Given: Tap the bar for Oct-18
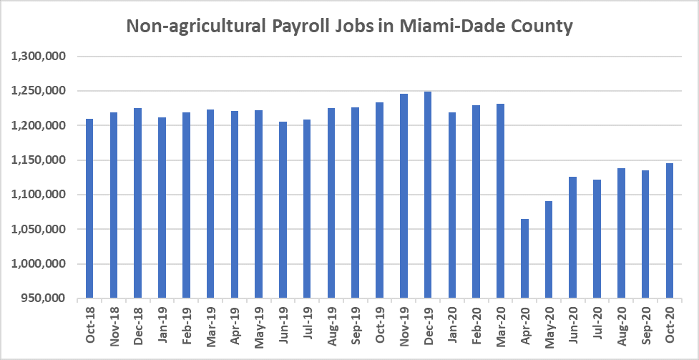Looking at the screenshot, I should [89, 208].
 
